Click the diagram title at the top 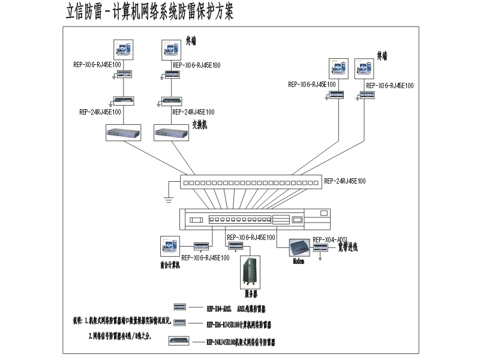pyautogui.click(x=149, y=12)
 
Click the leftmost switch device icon pyautogui.click(x=123, y=133)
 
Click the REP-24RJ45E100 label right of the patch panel pyautogui.click(x=344, y=181)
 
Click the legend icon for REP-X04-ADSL pyautogui.click(x=178, y=307)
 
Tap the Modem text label pyautogui.click(x=299, y=262)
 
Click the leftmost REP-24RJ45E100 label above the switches pyautogui.click(x=100, y=112)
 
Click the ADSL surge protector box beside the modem pyautogui.click(x=321, y=247)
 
